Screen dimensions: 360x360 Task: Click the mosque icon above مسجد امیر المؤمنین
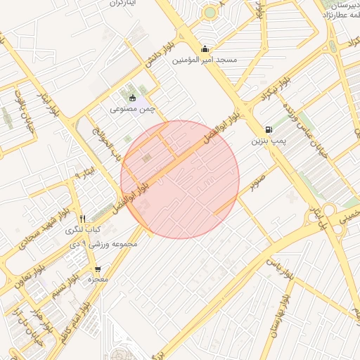(205, 49)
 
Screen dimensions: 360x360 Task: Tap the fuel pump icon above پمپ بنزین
(269, 129)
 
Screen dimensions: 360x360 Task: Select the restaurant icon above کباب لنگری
(83, 219)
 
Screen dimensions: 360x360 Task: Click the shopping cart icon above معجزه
(97, 269)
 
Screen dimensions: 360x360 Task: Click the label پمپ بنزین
(269, 141)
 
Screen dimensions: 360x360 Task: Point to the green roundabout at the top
(210, 12)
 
